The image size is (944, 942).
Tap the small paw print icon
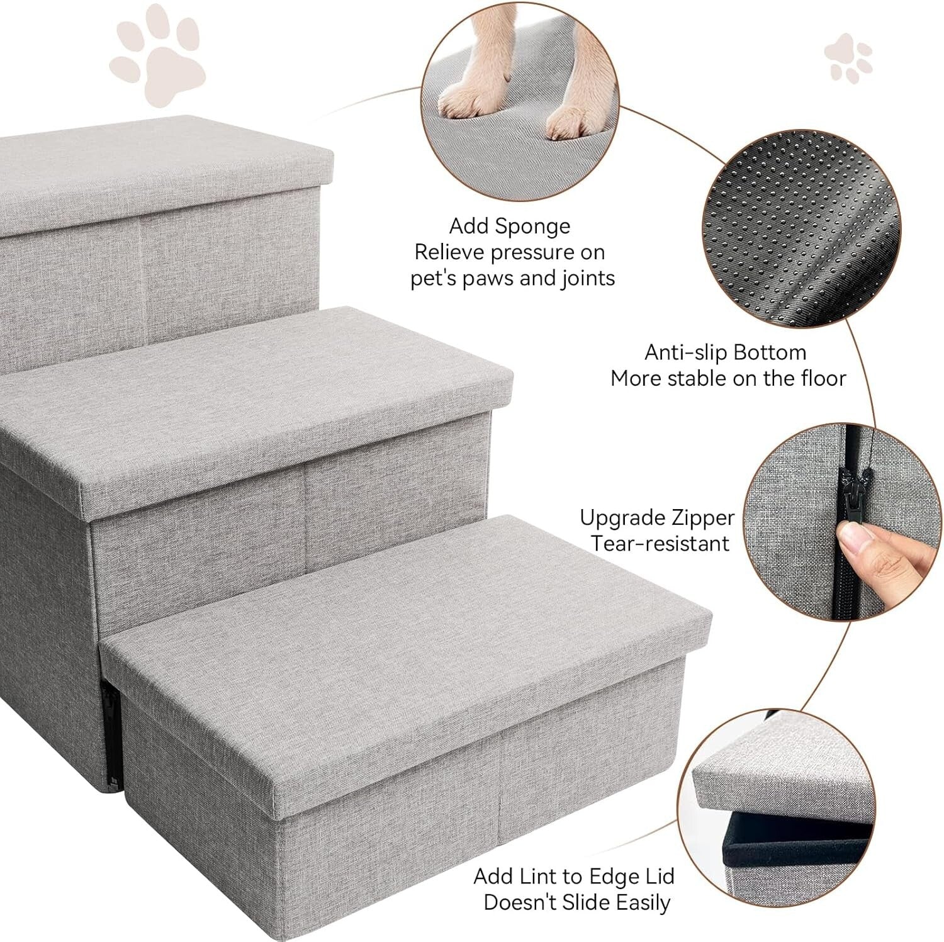[x=848, y=59]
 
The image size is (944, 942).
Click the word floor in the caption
[x=823, y=379]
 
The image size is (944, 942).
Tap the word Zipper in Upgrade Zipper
[x=702, y=518]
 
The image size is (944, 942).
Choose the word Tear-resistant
[x=660, y=544]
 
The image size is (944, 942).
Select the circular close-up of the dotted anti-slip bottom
[x=801, y=229]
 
